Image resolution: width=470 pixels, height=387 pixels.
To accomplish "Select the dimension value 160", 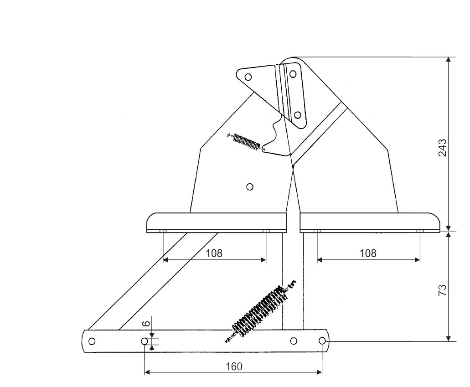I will tap(233, 366).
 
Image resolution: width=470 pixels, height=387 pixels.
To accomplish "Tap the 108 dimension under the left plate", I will tap(214, 253).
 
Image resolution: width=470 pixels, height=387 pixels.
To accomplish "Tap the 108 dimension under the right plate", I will tap(368, 253).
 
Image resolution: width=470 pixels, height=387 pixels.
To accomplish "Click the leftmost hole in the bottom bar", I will tap(92, 341).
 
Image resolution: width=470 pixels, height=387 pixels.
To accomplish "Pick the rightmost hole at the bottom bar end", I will tap(322, 341).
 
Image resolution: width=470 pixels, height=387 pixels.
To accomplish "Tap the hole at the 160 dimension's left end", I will tap(145, 341).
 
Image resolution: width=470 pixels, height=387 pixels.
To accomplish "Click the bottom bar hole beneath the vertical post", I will tap(294, 341).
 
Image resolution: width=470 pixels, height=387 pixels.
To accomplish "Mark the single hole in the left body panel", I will tap(249, 186).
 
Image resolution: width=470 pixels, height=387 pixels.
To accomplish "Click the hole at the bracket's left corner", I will tap(248, 77).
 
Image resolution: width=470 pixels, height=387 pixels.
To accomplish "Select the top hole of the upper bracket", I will tap(293, 73).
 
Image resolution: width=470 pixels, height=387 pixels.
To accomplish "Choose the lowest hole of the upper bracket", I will tap(297, 114).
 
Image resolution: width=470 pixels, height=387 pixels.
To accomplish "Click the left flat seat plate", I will tap(216, 222).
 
